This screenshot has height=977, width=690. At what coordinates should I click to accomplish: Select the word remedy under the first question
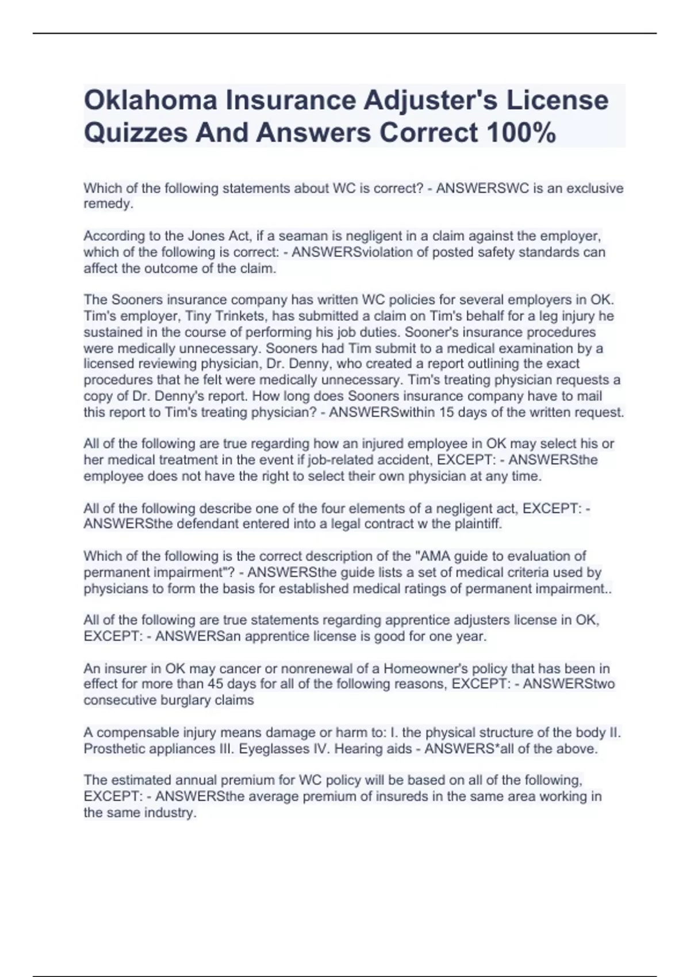tap(108, 205)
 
